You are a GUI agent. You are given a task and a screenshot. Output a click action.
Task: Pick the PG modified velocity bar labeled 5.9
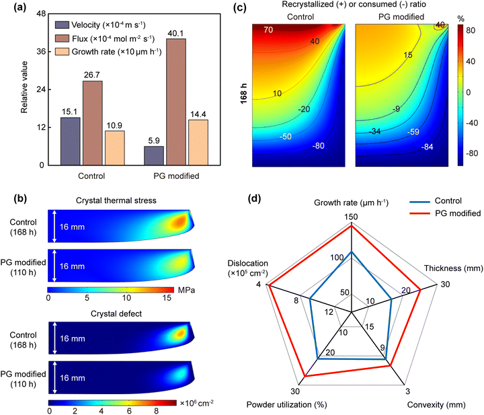(x=153, y=155)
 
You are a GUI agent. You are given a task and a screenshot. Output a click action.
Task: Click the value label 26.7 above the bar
(x=93, y=75)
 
